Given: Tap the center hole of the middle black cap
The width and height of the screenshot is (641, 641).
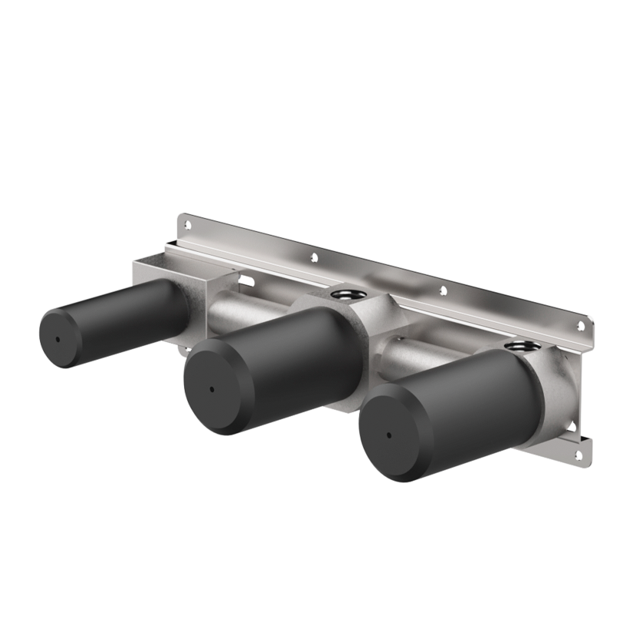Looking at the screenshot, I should pyautogui.click(x=210, y=389).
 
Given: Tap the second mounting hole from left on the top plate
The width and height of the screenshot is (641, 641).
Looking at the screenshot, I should pyautogui.click(x=313, y=257).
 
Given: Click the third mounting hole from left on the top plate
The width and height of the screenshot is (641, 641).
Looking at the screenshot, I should pyautogui.click(x=442, y=291).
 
